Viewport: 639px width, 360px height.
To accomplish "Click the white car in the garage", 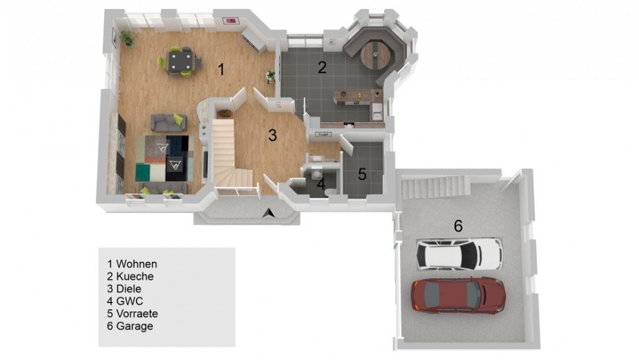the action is [x=459, y=254].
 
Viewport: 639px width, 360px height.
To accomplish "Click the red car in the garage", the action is [x=458, y=295].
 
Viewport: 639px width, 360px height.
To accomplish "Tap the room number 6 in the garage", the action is [x=458, y=226].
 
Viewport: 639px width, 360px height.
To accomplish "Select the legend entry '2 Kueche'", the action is [x=131, y=277].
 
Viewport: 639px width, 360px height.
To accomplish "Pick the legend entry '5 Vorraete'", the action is [x=133, y=313].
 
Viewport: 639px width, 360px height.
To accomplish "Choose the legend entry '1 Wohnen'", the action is [x=132, y=264].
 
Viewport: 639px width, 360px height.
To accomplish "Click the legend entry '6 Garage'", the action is [x=130, y=326].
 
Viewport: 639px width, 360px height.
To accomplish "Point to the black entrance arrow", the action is [x=269, y=213].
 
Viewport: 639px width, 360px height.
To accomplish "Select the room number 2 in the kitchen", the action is [x=322, y=67].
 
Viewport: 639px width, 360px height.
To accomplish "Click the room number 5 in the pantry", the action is [x=362, y=174].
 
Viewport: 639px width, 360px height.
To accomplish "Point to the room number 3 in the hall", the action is [x=273, y=135].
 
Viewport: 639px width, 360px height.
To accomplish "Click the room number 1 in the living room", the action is [x=222, y=69].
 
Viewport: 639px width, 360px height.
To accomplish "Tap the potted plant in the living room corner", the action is [x=128, y=38].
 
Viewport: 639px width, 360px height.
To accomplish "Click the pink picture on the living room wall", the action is [x=231, y=21].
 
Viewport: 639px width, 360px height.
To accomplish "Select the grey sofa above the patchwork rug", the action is [x=169, y=122].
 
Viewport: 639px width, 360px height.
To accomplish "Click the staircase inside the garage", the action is [x=436, y=187].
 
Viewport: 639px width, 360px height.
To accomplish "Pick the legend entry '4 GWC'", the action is [x=125, y=302].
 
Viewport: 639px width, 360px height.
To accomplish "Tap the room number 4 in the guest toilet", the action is [x=321, y=184].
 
